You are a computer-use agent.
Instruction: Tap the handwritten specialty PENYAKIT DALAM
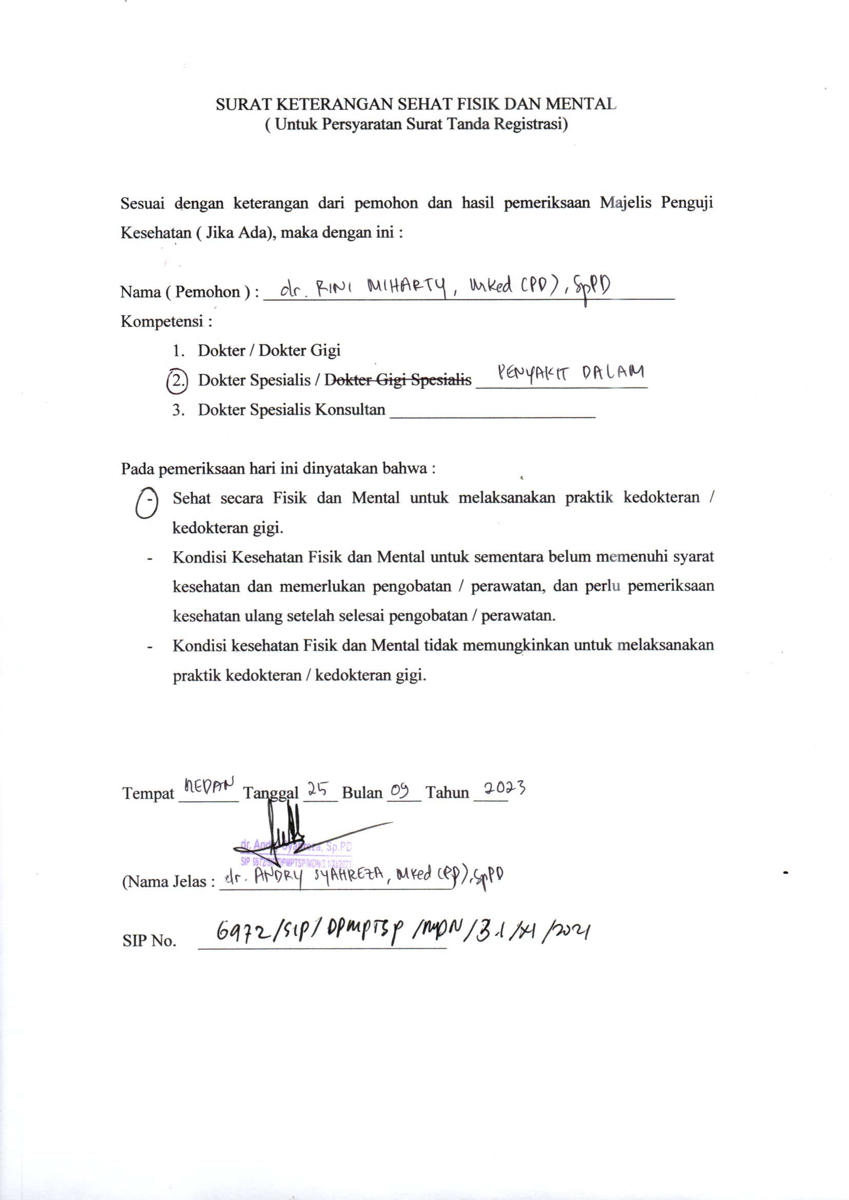pos(569,373)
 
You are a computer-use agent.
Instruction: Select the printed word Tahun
pos(447,793)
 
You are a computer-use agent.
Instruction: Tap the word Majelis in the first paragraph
pos(625,203)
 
